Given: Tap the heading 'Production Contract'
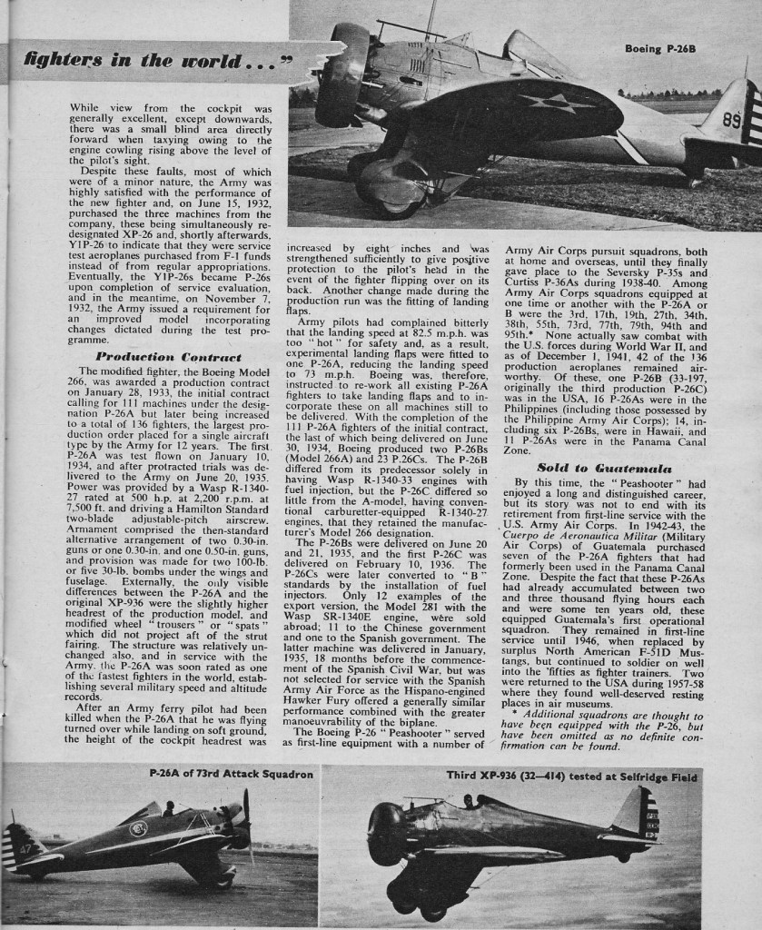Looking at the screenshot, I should click(x=168, y=357).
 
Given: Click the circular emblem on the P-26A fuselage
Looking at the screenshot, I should click(x=139, y=828).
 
